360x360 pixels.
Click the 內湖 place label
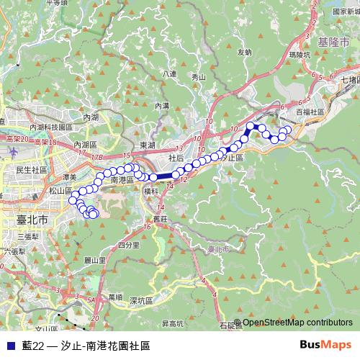(91, 117)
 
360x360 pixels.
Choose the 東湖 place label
(147, 145)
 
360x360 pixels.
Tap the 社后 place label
(176, 157)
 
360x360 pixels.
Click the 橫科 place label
(150, 192)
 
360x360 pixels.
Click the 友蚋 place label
(244, 52)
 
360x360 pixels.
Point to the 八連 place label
(169, 74)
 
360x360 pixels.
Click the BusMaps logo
(324, 345)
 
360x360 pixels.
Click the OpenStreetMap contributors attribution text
(297, 323)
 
